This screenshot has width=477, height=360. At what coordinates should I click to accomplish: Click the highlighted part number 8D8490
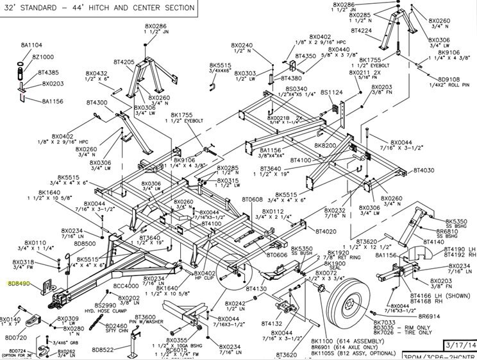(x=19, y=282)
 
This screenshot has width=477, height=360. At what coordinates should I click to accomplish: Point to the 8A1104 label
(x=31, y=45)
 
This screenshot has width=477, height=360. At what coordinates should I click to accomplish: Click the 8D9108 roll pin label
(x=448, y=80)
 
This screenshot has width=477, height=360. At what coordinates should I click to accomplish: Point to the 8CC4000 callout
(x=126, y=286)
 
